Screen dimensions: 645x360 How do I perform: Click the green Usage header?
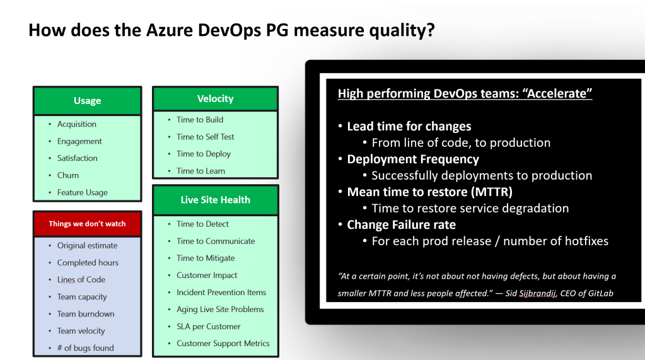coord(87,100)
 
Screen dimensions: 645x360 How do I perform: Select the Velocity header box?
coord(215,98)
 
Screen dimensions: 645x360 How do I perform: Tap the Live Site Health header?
coord(215,200)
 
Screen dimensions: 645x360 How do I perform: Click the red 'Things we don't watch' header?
coord(87,224)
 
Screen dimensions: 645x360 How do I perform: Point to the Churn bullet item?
coord(68,175)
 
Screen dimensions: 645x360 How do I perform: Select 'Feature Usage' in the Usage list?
coord(82,192)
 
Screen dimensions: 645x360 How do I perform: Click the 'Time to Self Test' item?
coord(206,137)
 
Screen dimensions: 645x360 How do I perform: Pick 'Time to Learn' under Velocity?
coord(200,171)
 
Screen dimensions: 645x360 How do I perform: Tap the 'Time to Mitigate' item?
coord(206,258)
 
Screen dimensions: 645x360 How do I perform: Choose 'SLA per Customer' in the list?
coord(209,326)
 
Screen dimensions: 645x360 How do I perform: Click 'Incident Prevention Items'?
coord(221,292)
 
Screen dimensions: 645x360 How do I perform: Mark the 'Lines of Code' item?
coord(81,279)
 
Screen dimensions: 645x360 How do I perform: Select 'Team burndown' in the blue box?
coord(86,313)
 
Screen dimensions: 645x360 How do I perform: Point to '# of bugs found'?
coord(86,347)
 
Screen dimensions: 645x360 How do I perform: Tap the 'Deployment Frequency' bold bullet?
coord(413,160)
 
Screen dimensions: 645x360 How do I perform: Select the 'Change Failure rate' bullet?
coord(402,224)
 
